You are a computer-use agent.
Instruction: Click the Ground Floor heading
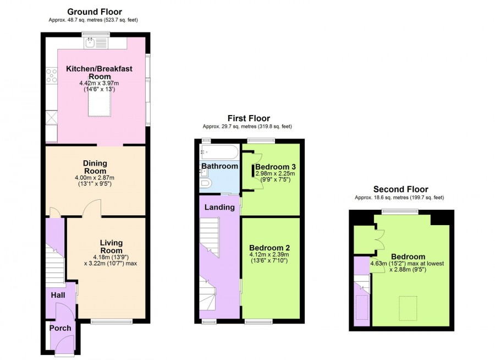[95, 12]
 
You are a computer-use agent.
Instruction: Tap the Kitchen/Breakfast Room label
[99, 73]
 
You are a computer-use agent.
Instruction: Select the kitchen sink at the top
[96, 43]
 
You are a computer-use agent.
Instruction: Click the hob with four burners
[52, 75]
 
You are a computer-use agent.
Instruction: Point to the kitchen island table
[100, 96]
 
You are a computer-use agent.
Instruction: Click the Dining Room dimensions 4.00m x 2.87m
[96, 178]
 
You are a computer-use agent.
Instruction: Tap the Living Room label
[111, 247]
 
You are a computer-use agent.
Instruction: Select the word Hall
[58, 295]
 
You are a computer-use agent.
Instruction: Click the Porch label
[60, 328]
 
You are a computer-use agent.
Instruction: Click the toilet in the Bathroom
[206, 183]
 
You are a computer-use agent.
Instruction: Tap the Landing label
[219, 208]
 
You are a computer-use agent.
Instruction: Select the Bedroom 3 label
[276, 167]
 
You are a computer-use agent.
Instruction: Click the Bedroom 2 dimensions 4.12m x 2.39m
[269, 255]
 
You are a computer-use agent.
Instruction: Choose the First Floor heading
[249, 118]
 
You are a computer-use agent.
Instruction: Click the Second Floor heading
[400, 189]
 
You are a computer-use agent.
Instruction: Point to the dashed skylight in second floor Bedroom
[408, 308]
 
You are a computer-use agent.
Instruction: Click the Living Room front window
[112, 322]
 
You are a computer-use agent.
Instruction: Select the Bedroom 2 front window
[258, 322]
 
